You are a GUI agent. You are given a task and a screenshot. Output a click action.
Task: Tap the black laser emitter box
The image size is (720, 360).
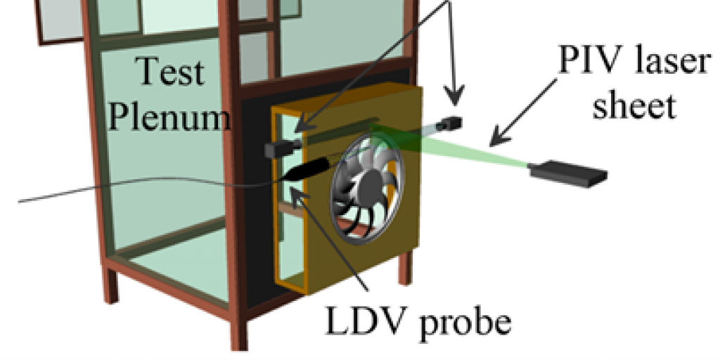pos(568,174)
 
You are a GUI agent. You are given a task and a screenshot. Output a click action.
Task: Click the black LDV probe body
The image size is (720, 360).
pos(308,169)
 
